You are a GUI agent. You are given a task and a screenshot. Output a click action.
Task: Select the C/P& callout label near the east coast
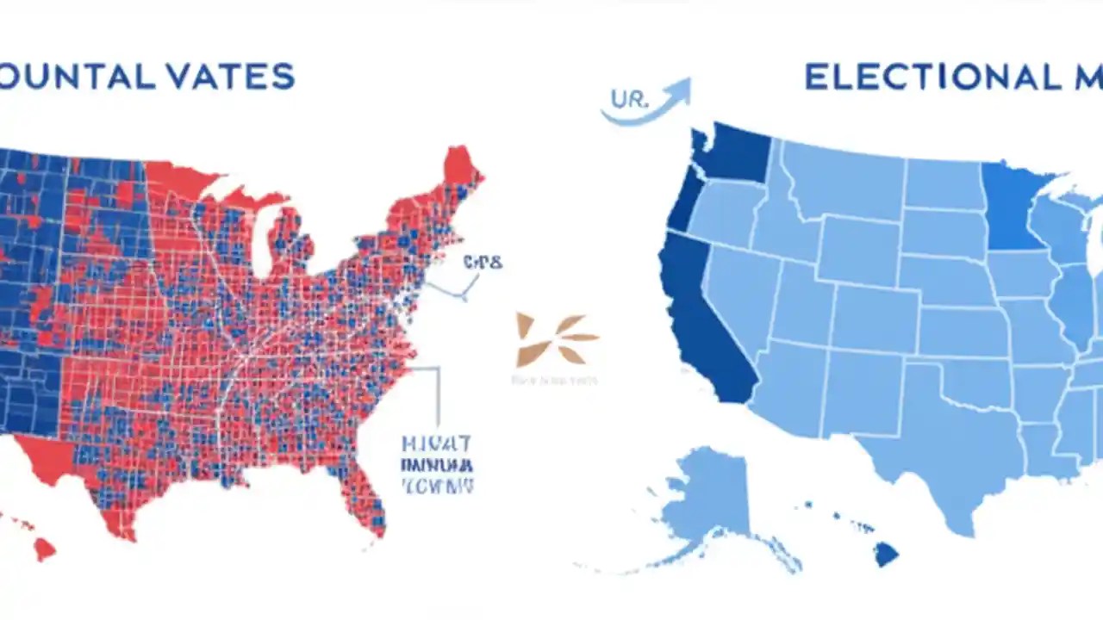coord(482,262)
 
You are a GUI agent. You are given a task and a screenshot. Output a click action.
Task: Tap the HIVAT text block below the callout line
coord(437,465)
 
